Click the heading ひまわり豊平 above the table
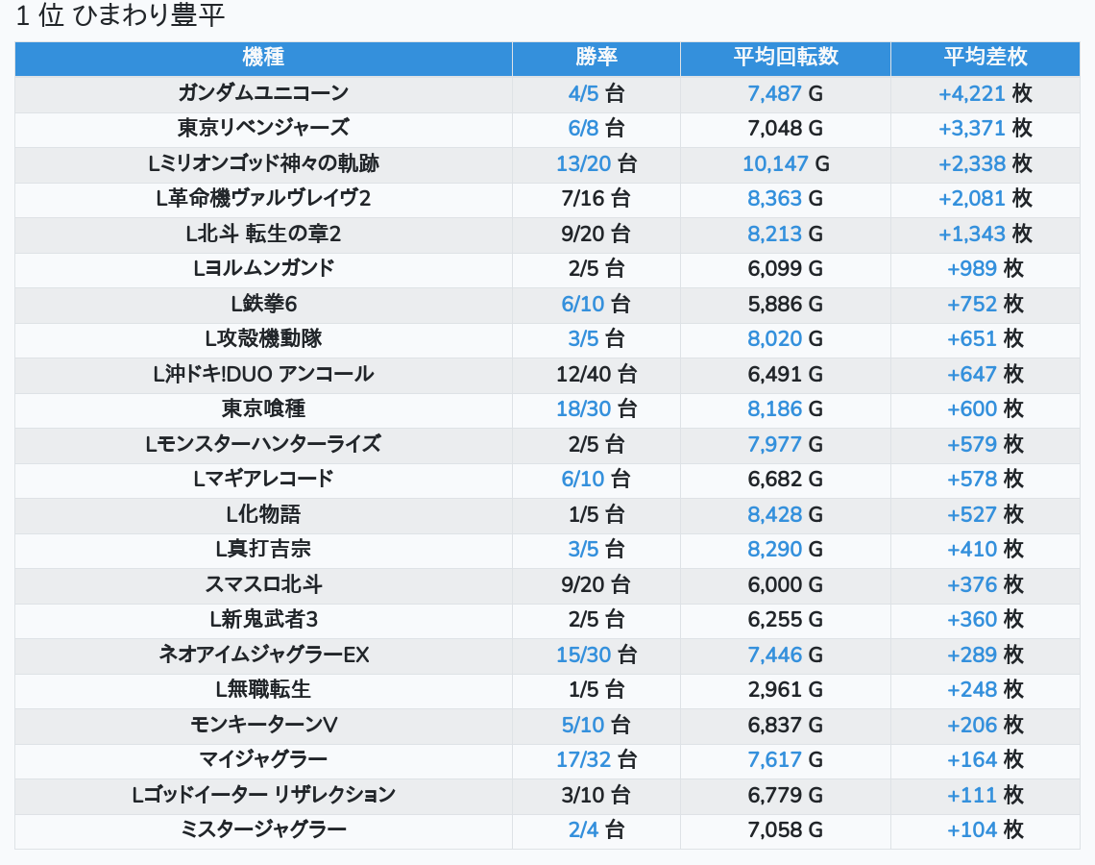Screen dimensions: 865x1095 (x=120, y=17)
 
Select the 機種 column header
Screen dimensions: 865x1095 (x=263, y=58)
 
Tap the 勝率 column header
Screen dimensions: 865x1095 (x=596, y=58)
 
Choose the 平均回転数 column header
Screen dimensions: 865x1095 (x=786, y=58)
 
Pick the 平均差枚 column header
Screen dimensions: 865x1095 (x=985, y=58)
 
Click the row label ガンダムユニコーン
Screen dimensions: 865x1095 (x=263, y=93)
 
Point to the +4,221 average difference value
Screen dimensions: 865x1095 (x=972, y=94)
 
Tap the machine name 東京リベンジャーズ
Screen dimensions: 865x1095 (x=263, y=128)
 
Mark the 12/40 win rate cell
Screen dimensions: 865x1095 (x=596, y=374)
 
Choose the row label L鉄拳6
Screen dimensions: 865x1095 (x=263, y=304)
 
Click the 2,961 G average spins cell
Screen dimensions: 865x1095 (x=786, y=690)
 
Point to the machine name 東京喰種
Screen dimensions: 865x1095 (x=263, y=408)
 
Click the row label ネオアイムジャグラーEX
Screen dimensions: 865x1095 (x=263, y=655)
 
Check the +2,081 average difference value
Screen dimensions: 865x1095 (x=972, y=199)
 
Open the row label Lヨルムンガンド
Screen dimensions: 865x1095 (x=263, y=268)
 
